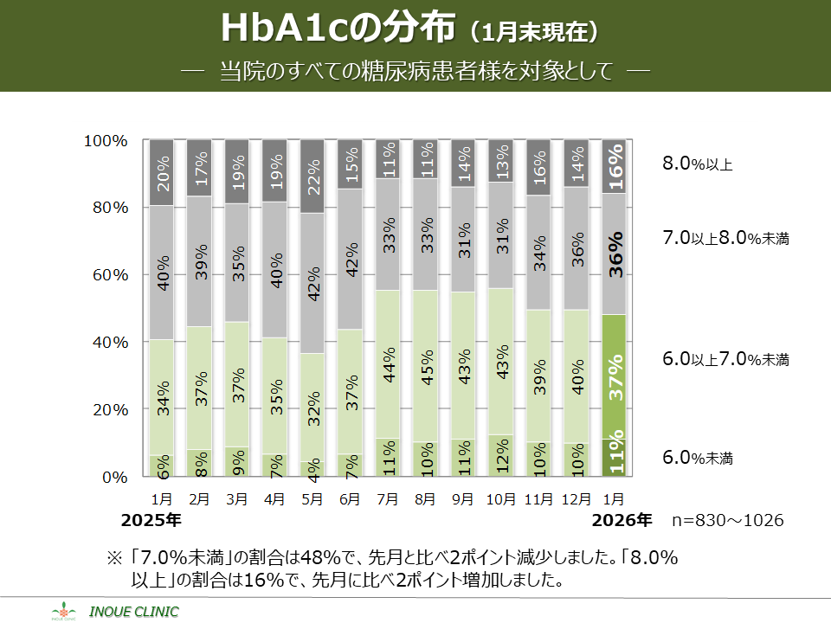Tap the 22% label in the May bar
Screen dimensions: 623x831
(313, 178)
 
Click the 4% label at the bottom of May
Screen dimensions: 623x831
(313, 468)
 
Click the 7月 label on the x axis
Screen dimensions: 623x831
(388, 498)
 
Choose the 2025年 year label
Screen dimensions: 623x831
(151, 520)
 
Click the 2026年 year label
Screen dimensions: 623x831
(622, 520)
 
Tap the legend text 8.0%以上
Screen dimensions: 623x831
(697, 164)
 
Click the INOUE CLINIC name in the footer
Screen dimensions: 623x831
(139, 612)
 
